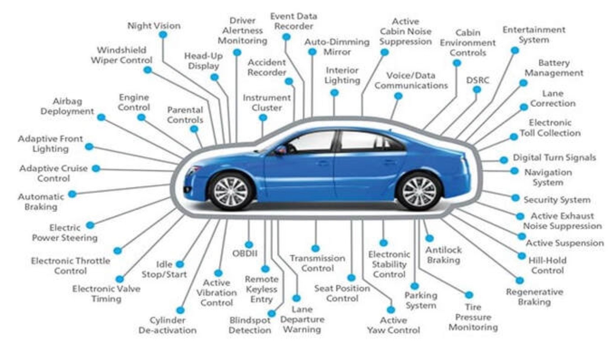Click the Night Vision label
(154, 26)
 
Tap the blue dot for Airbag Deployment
(101, 117)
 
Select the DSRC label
(477, 80)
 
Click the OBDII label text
(245, 253)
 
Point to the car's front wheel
(231, 191)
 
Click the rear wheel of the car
(419, 191)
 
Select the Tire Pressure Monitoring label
(473, 317)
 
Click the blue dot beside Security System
(515, 198)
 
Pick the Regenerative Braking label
(534, 297)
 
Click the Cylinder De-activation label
(167, 325)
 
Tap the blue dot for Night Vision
(163, 35)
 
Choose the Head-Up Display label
(204, 61)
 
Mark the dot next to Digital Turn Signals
(504, 160)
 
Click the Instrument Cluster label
(267, 103)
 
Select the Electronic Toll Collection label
(550, 128)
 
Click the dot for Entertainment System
(515, 50)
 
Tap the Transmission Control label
(317, 263)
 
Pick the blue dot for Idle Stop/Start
(180, 264)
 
